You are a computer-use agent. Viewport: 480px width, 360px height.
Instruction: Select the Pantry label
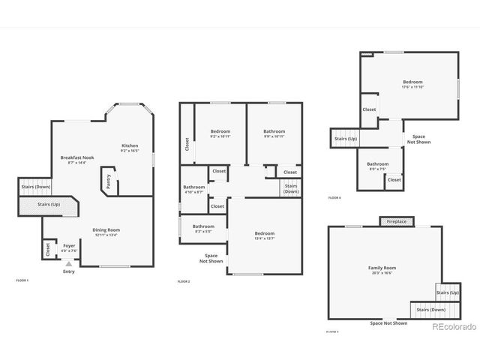click(x=109, y=181)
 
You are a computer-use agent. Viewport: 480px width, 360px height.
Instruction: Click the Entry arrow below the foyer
click(x=68, y=263)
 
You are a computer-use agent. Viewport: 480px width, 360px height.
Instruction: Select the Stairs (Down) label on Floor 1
click(x=35, y=187)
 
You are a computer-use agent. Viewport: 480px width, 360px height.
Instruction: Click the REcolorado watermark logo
click(x=453, y=326)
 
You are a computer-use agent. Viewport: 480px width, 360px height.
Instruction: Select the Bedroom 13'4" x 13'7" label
click(x=264, y=235)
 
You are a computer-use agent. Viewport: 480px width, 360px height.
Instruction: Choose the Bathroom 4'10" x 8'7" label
click(x=194, y=189)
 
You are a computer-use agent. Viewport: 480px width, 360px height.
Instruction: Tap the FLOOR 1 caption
click(x=22, y=280)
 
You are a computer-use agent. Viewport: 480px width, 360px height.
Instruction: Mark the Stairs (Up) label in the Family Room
click(x=448, y=292)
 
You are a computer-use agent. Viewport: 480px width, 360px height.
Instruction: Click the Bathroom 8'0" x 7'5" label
click(x=378, y=166)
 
